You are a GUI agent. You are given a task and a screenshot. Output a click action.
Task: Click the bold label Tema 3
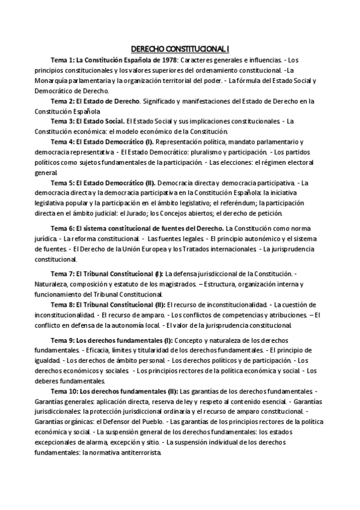click(x=62, y=120)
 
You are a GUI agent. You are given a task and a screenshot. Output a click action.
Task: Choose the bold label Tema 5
click(x=62, y=182)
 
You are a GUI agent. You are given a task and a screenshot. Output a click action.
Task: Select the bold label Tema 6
click(x=62, y=229)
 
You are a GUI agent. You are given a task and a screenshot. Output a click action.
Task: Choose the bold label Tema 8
click(x=62, y=305)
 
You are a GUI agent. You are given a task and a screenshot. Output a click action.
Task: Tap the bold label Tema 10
click(x=64, y=392)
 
